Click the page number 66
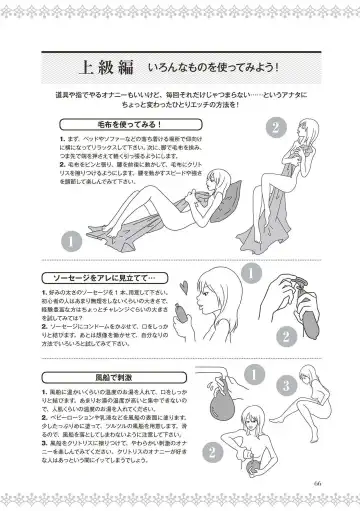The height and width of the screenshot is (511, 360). (318, 488)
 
